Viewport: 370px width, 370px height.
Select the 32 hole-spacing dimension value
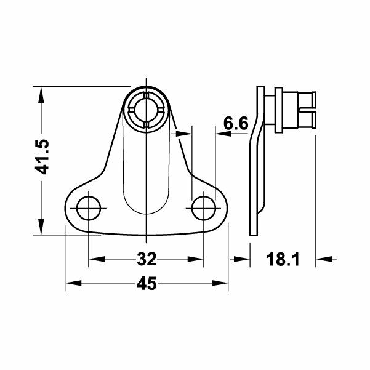[x=146, y=259]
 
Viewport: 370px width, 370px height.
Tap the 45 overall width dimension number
[x=147, y=284]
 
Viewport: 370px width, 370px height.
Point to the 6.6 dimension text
[x=235, y=124]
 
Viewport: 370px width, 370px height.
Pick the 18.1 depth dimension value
[x=283, y=260]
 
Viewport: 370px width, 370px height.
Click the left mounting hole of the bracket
[x=89, y=208]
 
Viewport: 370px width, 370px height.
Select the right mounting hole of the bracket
[x=203, y=208]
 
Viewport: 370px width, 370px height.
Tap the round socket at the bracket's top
[x=147, y=110]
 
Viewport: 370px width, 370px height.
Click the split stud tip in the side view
[x=311, y=110]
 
